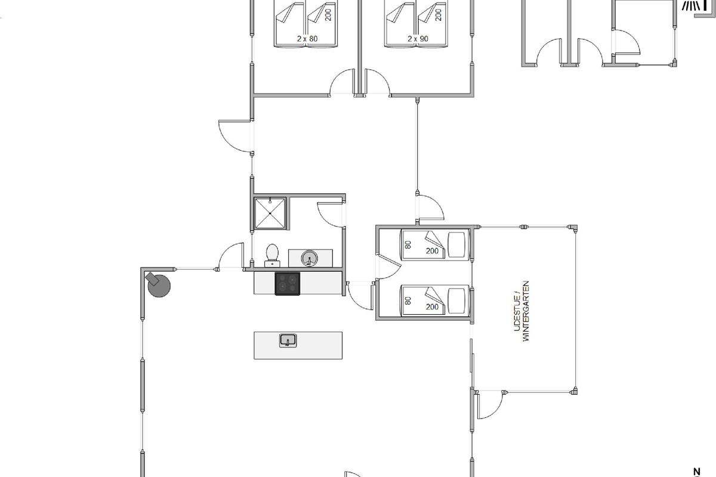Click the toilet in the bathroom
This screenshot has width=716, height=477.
(x=272, y=256)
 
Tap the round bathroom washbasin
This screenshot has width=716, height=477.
(x=310, y=258)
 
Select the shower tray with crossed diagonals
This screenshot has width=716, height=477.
(x=270, y=213)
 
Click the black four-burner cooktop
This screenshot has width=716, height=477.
(x=288, y=284)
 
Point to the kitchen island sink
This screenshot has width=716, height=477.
(x=288, y=340)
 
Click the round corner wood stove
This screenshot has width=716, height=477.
(x=158, y=284)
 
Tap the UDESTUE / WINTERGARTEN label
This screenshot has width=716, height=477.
(x=521, y=311)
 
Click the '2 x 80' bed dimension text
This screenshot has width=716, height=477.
(x=307, y=39)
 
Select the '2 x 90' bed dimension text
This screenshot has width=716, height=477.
(x=418, y=39)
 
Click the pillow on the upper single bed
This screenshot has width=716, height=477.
(x=456, y=244)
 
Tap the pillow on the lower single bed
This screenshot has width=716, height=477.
(x=456, y=301)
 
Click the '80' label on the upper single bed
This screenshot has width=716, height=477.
(x=408, y=244)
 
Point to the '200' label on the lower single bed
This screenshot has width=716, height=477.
(x=432, y=307)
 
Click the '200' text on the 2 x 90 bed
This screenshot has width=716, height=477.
(x=439, y=15)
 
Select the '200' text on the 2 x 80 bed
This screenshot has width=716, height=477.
(x=328, y=15)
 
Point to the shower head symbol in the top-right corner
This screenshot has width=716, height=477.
(x=690, y=5)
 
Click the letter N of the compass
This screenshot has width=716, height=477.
(x=697, y=472)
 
